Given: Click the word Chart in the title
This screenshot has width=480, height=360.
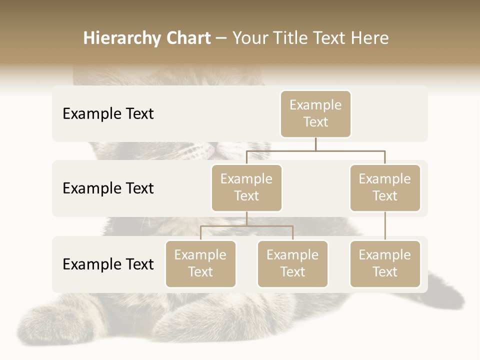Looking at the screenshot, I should point(186,38).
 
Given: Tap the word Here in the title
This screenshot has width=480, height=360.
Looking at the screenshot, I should point(370,38).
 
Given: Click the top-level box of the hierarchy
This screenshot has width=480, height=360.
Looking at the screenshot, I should point(315,113).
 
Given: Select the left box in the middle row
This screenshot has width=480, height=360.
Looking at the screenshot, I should point(246,187).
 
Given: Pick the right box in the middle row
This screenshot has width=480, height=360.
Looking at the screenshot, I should point(385,187).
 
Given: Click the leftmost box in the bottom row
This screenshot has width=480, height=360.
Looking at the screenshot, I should point(200,263).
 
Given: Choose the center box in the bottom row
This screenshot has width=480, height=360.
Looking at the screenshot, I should point(292,263).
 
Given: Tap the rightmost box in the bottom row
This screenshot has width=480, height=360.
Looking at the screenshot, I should point(385,263).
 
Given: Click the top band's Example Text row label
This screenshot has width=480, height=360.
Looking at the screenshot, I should point(108,114).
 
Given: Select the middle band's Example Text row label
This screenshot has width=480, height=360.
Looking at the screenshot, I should point(108,188).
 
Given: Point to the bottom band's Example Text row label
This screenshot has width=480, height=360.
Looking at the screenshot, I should point(108,264).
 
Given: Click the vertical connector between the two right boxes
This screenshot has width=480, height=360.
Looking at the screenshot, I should point(385,226).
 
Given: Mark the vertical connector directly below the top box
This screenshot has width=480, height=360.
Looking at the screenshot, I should point(315,144).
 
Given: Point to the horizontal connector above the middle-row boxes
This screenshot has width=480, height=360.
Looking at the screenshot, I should point(315,150).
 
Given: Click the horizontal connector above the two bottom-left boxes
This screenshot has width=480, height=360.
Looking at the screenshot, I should point(246,226).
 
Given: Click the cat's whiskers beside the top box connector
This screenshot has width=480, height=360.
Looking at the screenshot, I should point(190,150).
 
